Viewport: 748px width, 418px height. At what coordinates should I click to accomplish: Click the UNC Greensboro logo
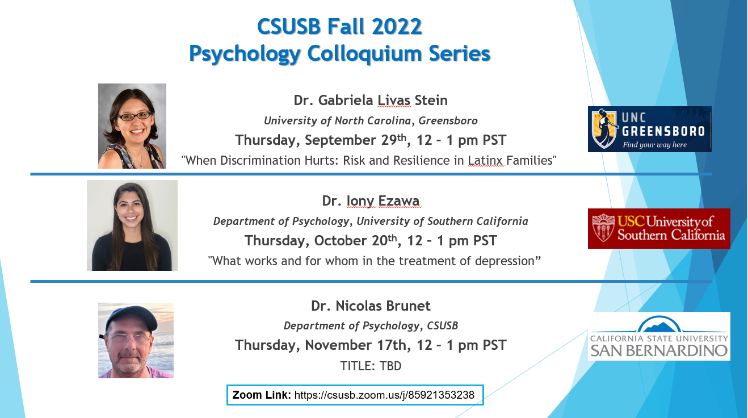[649, 129]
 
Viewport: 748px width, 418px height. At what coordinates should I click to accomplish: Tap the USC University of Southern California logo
[659, 228]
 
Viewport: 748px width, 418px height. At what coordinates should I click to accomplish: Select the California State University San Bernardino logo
[659, 336]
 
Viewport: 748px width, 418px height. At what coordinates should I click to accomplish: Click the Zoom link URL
[384, 395]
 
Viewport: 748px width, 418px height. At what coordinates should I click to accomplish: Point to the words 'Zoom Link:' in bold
[261, 395]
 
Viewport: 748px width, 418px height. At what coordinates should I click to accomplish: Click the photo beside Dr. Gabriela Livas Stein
[132, 126]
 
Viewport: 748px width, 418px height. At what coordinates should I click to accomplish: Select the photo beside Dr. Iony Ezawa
[132, 225]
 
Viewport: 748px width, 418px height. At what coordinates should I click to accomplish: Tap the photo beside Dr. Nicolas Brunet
[136, 340]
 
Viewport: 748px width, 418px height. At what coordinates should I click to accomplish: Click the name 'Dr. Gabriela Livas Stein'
[371, 101]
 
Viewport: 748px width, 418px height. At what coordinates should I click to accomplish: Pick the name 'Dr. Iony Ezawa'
[371, 201]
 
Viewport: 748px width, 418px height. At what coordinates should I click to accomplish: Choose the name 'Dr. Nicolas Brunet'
[371, 306]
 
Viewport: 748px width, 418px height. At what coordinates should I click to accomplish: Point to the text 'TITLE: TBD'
[371, 366]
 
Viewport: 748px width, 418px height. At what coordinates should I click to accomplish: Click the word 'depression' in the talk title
[502, 261]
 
